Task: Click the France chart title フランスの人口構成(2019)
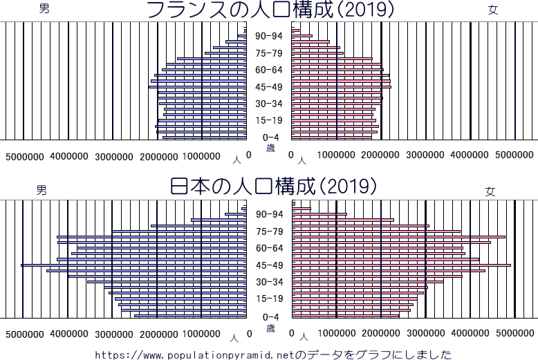270,10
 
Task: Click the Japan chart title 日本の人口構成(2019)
274,187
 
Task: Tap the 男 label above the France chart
44,9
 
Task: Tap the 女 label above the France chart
492,10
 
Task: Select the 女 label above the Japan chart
490,191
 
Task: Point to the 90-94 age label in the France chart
269,37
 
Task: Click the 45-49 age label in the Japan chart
269,265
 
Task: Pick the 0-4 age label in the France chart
269,138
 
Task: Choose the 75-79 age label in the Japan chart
269,231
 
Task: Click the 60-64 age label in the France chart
269,70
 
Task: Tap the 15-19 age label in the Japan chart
269,299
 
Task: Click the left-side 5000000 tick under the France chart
26,156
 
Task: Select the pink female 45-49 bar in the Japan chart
401,265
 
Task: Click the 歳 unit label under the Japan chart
270,326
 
